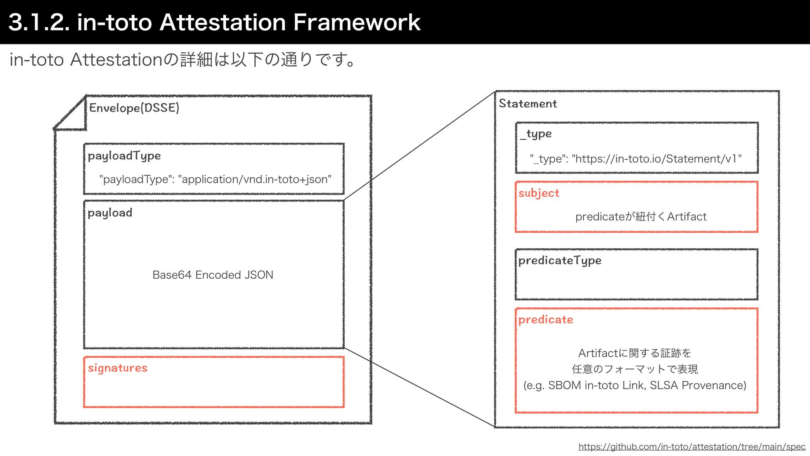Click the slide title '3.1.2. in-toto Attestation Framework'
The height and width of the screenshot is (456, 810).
[214, 22]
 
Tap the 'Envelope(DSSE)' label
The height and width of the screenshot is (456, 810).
[134, 108]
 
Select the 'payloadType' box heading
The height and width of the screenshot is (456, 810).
[124, 156]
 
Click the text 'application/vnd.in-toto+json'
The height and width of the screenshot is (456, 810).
[255, 179]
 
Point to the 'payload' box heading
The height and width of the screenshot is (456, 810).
[110, 213]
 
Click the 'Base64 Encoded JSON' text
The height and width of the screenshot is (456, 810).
[213, 275]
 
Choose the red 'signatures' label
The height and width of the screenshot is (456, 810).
[118, 368]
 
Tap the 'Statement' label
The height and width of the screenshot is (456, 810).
[528, 104]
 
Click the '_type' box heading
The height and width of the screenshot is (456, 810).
[536, 134]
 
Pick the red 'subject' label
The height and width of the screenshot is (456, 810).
[539, 193]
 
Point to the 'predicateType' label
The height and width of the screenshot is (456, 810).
[560, 261]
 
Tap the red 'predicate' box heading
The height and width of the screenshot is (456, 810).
[545, 320]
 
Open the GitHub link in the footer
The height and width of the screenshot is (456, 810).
[692, 447]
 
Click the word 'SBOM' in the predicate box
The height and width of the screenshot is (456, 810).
[564, 385]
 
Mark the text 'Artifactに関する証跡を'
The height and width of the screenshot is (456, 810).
[634, 353]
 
